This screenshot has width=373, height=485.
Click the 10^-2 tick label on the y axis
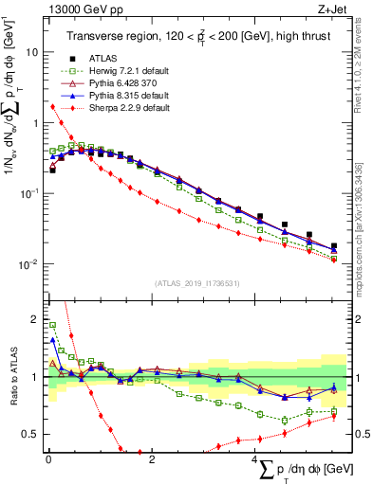click(28, 264)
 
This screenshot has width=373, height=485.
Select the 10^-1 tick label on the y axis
click(28, 193)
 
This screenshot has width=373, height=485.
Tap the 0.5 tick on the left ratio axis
click(28, 435)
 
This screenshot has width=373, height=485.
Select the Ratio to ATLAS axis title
click(10, 377)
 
